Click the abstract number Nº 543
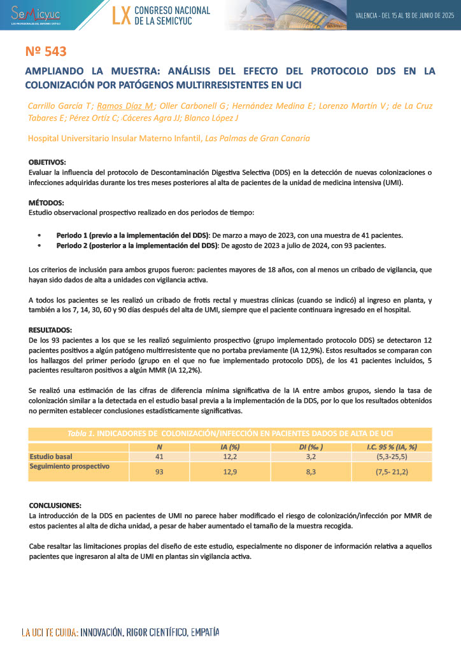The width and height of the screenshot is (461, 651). [x=46, y=51]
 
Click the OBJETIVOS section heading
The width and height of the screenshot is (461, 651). [x=47, y=163]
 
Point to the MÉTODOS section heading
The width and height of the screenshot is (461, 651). [x=46, y=203]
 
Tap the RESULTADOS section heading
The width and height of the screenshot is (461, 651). [x=50, y=330]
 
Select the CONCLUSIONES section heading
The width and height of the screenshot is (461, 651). [x=55, y=505]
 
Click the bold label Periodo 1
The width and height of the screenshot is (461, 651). [x=73, y=235]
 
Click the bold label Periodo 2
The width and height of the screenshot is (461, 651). [x=73, y=245]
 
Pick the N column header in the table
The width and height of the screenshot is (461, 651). [x=160, y=447]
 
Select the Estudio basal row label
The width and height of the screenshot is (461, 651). [x=51, y=456]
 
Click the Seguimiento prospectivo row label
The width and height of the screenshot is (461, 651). [x=69, y=466]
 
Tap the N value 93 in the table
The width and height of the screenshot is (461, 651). [x=160, y=471]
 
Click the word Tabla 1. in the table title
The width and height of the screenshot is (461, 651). [x=80, y=434]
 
